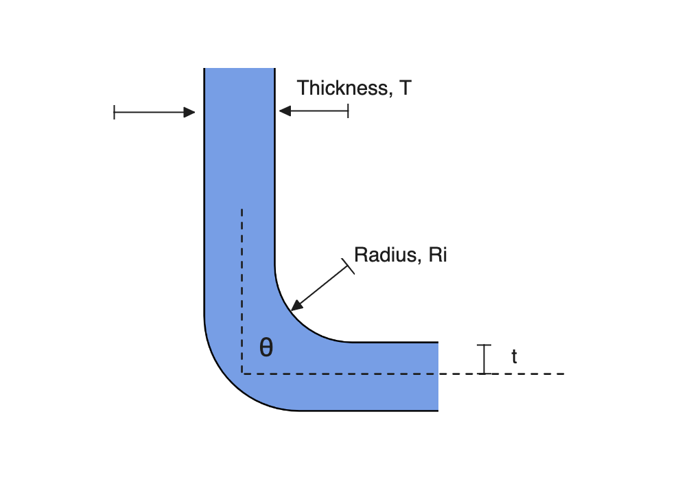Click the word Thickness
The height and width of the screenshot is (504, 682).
pos(342,88)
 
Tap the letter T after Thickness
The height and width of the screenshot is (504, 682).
pos(405,88)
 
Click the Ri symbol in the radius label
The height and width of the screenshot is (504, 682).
pos(438,255)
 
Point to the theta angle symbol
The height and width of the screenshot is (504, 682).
pos(266,347)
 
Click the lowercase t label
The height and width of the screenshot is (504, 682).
pos(514,356)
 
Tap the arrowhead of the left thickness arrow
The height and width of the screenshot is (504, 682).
pos(189,113)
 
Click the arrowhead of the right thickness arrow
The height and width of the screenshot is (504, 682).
pos(285,111)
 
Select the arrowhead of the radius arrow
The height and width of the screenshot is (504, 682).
pos(296,306)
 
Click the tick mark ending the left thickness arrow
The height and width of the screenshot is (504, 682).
pos(114,113)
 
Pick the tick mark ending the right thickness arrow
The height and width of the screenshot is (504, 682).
pos(348,111)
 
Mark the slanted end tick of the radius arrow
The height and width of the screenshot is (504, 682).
pos(348,266)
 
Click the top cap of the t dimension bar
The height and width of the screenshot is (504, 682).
pos(484,345)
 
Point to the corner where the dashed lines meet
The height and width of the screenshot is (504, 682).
pos(242,374)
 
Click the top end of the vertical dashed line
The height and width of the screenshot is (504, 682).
pos(242,210)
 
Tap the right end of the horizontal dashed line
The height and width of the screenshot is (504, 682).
pos(564,374)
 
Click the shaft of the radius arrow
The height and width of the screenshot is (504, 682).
pos(322,286)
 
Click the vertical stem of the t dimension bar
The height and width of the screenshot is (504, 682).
pos(484,359)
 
